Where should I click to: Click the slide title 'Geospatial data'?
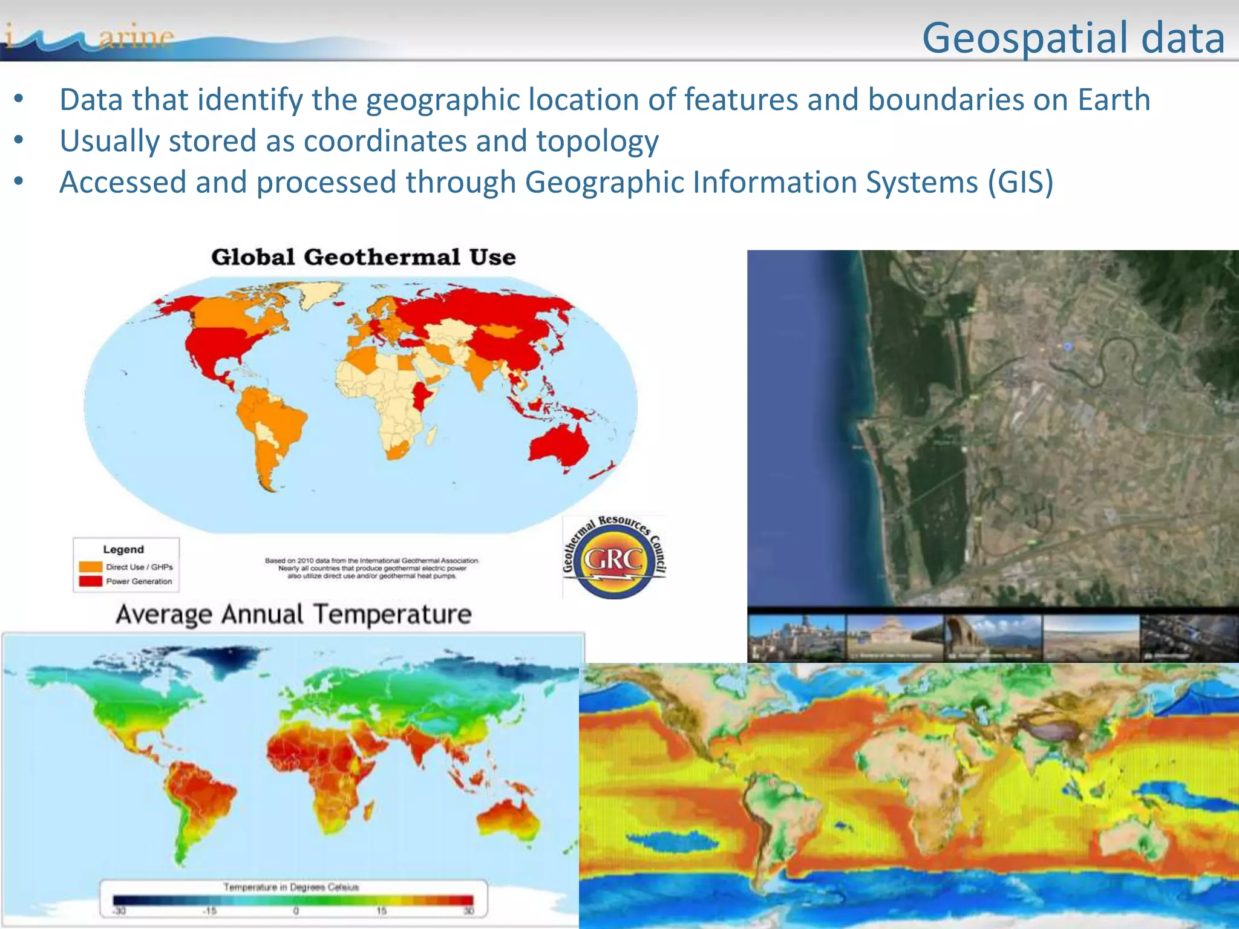[1073, 37]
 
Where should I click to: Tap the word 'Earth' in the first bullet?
[1114, 100]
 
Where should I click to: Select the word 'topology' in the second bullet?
[597, 142]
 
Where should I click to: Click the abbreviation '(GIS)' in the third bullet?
[1021, 182]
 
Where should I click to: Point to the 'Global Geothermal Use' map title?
[363, 257]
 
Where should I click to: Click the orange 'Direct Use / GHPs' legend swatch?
[90, 567]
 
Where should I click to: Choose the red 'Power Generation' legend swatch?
[90, 581]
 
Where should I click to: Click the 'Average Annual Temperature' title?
[293, 614]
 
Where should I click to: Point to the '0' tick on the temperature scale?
[296, 911]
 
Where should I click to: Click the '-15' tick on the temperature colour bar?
[209, 911]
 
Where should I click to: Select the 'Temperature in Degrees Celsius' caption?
[291, 887]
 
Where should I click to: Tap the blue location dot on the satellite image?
[1068, 346]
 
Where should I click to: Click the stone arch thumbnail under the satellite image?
[993, 638]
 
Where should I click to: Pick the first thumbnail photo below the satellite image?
[797, 638]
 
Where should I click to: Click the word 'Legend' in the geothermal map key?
[123, 549]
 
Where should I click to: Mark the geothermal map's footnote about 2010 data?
[371, 568]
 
